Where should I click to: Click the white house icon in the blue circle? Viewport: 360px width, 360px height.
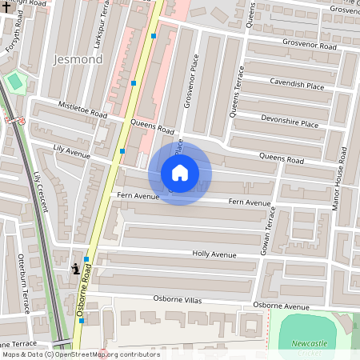click(180, 173)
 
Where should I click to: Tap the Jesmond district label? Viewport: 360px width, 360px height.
click(77, 59)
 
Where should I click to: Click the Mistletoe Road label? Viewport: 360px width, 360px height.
click(82, 110)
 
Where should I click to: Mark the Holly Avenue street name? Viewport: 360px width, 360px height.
click(214, 254)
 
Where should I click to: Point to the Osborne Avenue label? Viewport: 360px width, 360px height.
click(280, 306)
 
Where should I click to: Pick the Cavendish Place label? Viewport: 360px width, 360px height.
click(296, 86)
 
